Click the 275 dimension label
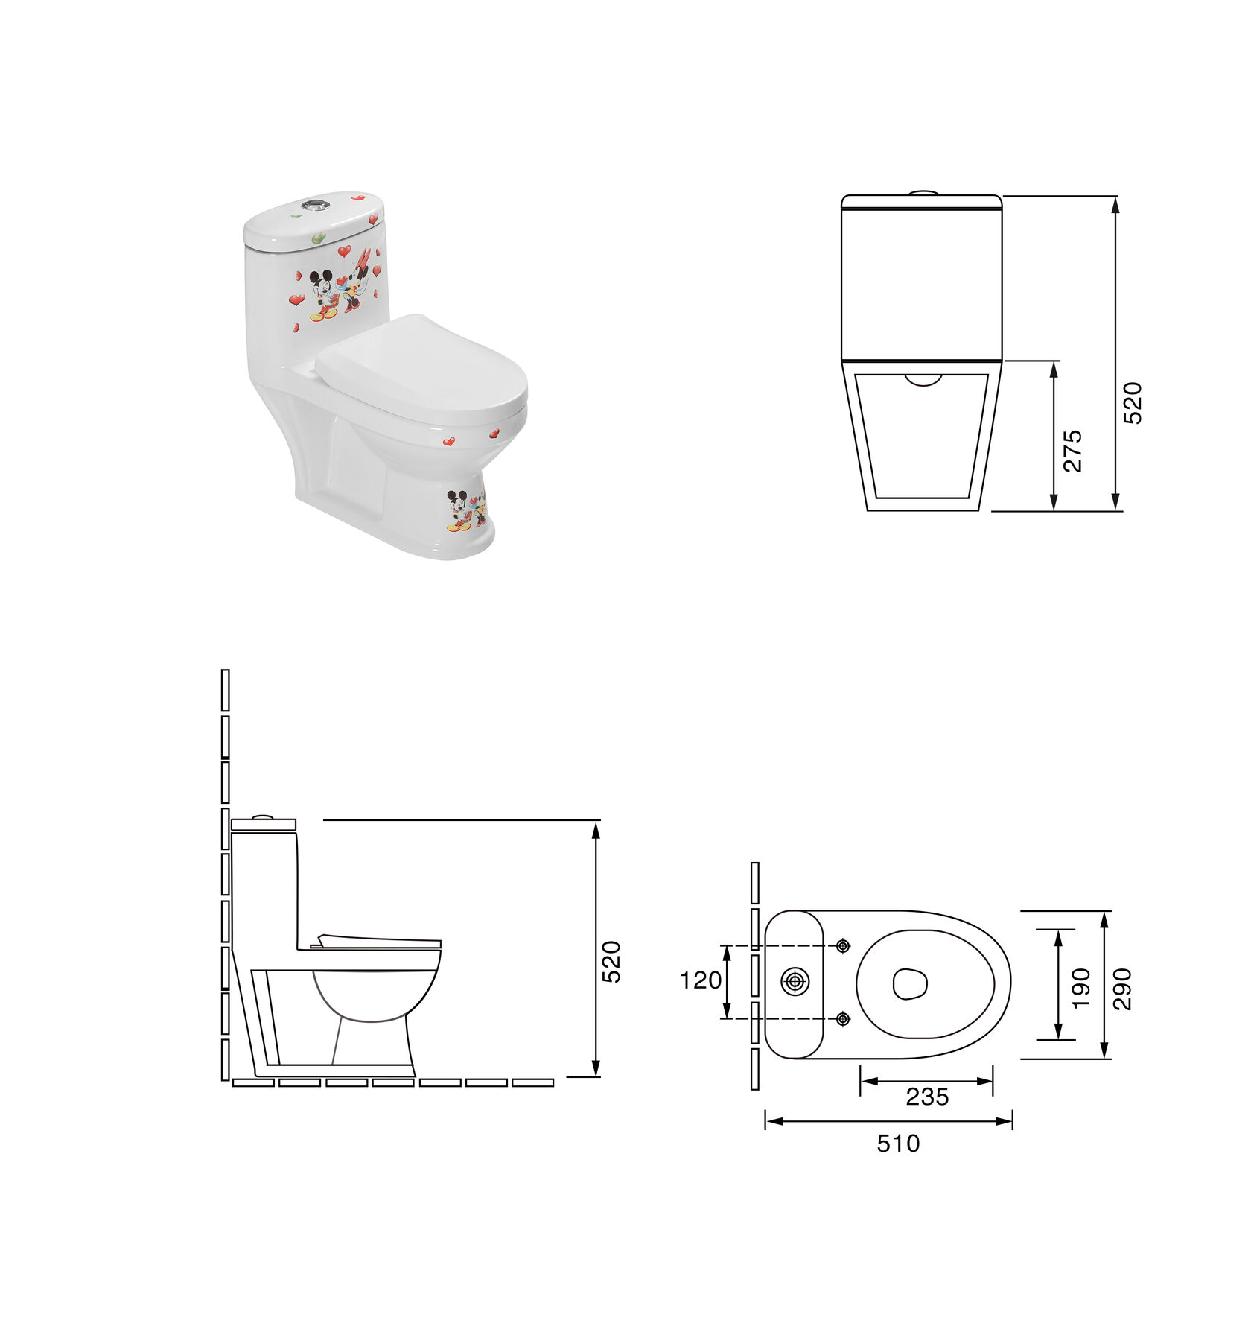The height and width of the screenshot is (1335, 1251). pyautogui.click(x=1072, y=451)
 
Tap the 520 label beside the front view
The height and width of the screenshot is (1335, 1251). pyautogui.click(x=1132, y=403)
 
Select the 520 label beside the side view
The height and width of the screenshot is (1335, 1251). pyautogui.click(x=611, y=963)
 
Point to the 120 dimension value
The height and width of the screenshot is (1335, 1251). pyautogui.click(x=701, y=980)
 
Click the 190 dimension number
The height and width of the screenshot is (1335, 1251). pyautogui.click(x=1080, y=989)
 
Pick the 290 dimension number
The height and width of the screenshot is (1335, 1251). pyautogui.click(x=1121, y=989)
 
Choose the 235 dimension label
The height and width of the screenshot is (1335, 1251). pyautogui.click(x=927, y=1097)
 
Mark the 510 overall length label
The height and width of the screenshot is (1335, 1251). pyautogui.click(x=898, y=1143)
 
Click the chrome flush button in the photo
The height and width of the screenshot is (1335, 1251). pyautogui.click(x=313, y=204)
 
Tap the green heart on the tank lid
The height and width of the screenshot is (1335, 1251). pyautogui.click(x=318, y=238)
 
